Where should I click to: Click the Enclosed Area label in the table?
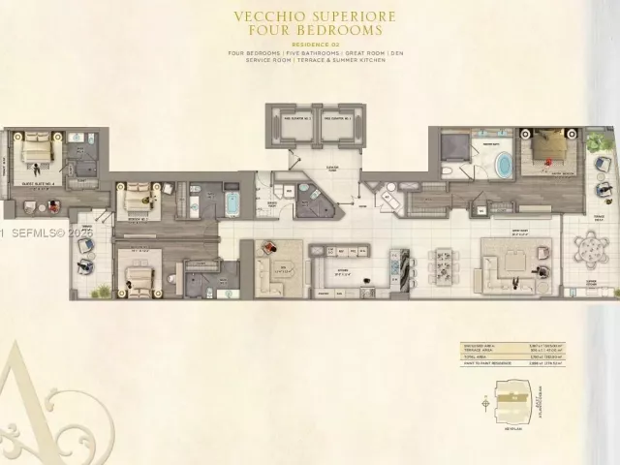tap(475, 344)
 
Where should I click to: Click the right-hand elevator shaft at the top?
tap(338, 125)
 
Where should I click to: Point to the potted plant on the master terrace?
tap(593, 144)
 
